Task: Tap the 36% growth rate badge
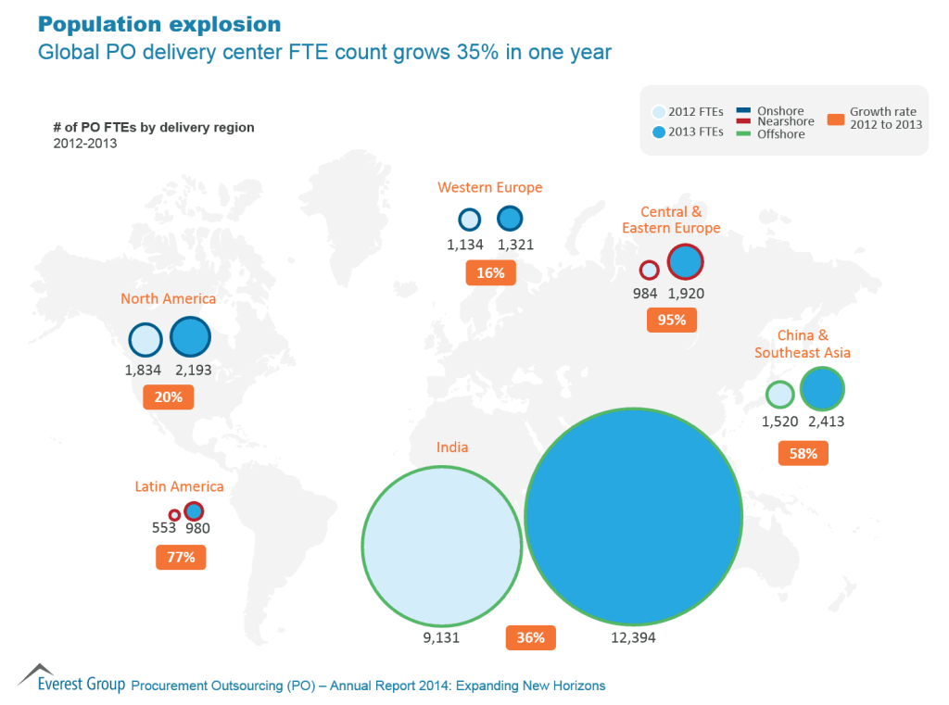coord(531,638)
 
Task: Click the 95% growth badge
coord(672,321)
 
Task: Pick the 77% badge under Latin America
coord(181,558)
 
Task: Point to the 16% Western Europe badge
coord(490,273)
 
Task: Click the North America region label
coord(168,298)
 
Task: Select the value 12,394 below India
coord(634,638)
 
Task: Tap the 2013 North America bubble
coord(191,337)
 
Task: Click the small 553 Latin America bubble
coord(173,515)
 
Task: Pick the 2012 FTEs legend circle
coord(659,112)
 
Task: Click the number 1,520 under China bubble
coord(779,422)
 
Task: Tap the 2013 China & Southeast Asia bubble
coord(822,389)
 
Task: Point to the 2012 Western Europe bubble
coord(470,220)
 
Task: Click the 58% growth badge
coord(803,454)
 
